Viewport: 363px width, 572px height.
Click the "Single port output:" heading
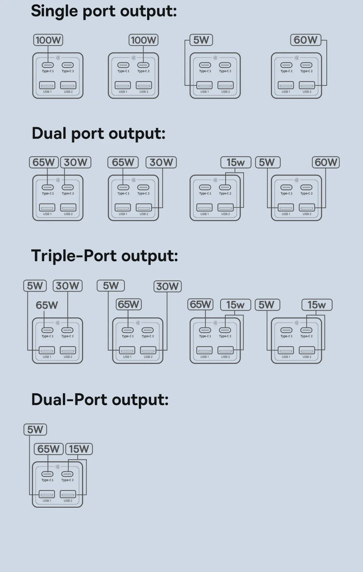[x=104, y=11]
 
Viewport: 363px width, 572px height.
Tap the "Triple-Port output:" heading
[x=104, y=256]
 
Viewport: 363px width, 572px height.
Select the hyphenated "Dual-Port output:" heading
[x=100, y=400]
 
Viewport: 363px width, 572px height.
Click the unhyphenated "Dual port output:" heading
[x=98, y=133]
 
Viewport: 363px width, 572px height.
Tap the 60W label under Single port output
[x=306, y=40]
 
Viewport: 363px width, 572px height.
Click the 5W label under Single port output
[x=201, y=40]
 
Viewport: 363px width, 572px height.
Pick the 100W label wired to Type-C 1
[x=48, y=40]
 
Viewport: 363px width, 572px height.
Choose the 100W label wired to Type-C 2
[x=143, y=40]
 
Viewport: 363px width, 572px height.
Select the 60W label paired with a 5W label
[x=326, y=162]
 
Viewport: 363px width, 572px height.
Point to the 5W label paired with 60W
[x=267, y=162]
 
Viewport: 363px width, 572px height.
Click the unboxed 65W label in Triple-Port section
[x=47, y=305]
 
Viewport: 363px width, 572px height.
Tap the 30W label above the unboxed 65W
[x=68, y=286]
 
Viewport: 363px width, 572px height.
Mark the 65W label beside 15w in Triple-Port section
[x=200, y=305]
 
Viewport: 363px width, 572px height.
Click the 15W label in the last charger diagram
[x=79, y=449]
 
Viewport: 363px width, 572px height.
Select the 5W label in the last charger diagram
[x=35, y=430]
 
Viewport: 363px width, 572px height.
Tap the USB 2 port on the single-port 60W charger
[x=307, y=85]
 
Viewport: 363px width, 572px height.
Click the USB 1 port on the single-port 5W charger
[x=205, y=85]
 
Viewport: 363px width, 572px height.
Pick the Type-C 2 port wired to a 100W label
[x=143, y=65]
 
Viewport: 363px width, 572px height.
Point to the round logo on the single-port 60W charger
[x=297, y=58]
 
